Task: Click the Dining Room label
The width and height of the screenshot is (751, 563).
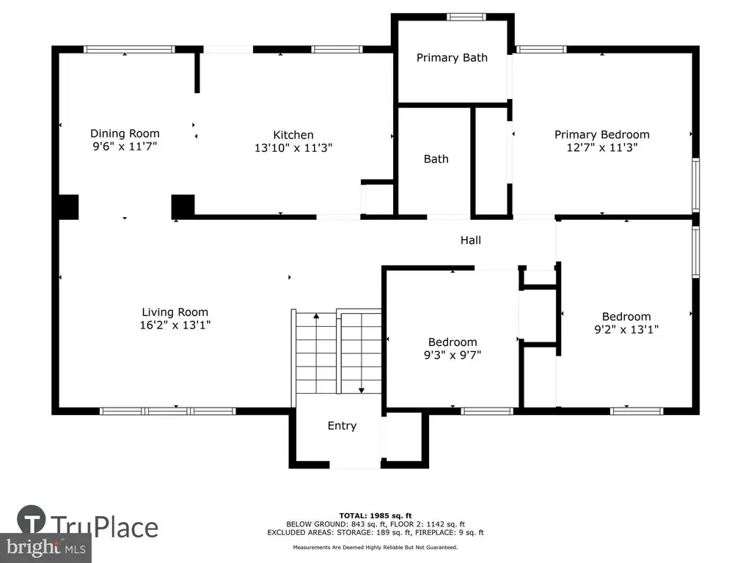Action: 125,133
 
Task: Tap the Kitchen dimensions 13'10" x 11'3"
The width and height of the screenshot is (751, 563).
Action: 293,148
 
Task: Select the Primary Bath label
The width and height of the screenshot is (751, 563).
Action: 452,58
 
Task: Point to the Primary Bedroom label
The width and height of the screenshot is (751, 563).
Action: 602,135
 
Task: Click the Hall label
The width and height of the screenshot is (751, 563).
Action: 471,240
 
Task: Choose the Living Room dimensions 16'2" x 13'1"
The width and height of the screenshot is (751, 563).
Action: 175,325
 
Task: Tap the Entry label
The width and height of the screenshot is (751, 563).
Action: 342,426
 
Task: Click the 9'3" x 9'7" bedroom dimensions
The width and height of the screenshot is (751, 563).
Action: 453,355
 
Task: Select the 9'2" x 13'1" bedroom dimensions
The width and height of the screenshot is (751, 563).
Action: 626,329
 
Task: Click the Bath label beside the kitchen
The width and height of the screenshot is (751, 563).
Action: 436,159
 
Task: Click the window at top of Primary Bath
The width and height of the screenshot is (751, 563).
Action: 466,18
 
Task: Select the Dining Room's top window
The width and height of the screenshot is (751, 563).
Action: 129,49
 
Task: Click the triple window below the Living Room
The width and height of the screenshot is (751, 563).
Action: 168,411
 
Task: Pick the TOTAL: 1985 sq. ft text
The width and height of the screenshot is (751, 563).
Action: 375,515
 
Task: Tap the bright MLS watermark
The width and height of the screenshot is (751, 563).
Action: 46,547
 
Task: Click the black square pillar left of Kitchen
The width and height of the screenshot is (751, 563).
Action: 183,207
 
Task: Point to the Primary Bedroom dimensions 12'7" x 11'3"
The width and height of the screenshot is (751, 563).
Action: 602,147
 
